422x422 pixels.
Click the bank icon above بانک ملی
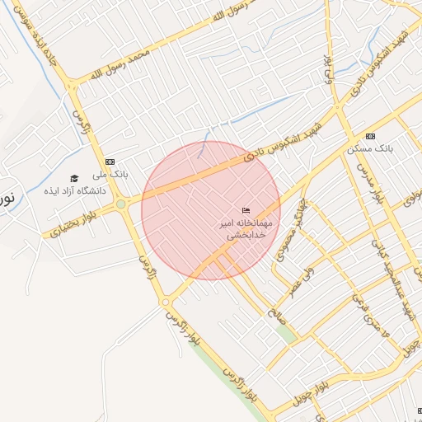coord(110,162)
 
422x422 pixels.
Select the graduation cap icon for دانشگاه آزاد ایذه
coord(74,178)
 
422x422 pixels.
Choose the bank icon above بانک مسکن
coord(369,136)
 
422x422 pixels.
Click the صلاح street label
coord(272,314)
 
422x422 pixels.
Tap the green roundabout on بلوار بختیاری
coord(121,204)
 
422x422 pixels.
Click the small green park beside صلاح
coord(286,333)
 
